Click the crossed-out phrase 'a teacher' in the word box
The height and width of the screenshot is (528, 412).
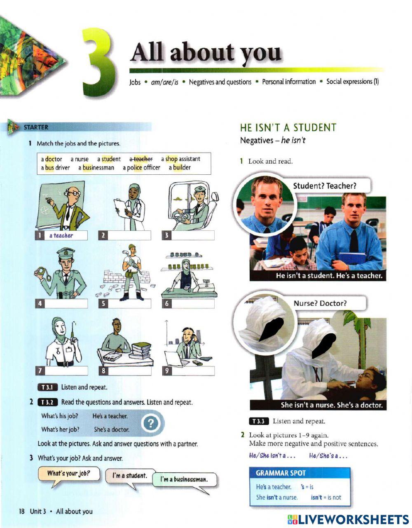click(x=141, y=159)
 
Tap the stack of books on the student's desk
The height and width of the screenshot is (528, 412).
click(x=140, y=350)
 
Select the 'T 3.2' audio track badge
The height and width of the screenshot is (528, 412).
click(x=48, y=403)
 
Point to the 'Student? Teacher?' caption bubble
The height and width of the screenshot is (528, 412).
click(x=325, y=186)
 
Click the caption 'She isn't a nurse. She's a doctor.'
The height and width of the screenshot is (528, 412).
click(x=332, y=405)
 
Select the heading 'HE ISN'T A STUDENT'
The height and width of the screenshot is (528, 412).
click(x=288, y=127)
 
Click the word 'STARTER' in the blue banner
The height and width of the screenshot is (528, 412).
click(x=36, y=127)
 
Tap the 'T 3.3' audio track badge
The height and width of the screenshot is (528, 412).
click(x=259, y=421)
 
